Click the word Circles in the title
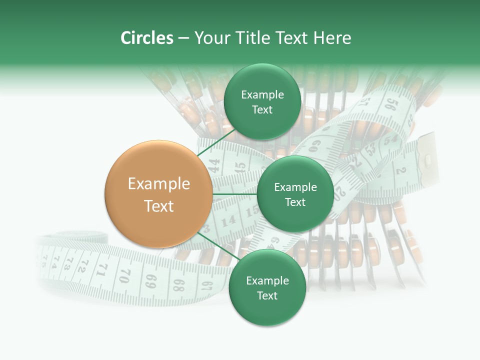click(146, 38)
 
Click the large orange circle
click(158, 194)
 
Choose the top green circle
click(262, 101)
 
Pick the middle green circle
click(295, 194)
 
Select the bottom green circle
click(267, 287)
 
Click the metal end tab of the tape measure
click(426, 159)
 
